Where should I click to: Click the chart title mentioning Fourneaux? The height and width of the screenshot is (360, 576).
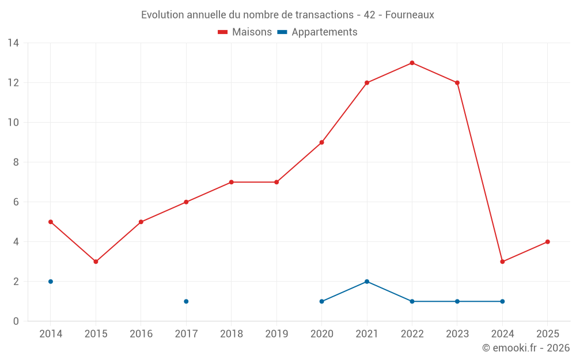(x=287, y=14)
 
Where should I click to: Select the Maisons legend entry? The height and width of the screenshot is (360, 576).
(x=245, y=32)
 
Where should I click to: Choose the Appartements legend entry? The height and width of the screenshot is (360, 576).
(x=317, y=32)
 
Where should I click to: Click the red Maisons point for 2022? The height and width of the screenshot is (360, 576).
(x=412, y=63)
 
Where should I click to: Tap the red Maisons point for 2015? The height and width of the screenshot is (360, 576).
(x=96, y=262)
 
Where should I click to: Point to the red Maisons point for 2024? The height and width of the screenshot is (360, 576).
(x=502, y=262)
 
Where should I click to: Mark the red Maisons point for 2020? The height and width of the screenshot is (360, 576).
(x=321, y=142)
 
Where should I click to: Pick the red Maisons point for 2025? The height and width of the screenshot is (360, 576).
(x=547, y=242)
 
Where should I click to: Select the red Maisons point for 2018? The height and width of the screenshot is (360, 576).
(x=231, y=182)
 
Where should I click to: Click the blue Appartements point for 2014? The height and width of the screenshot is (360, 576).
(x=51, y=282)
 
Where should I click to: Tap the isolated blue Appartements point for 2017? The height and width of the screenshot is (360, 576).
(x=186, y=301)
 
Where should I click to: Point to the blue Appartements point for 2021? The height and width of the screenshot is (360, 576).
(x=367, y=282)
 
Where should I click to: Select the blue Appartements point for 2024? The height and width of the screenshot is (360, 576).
(x=502, y=301)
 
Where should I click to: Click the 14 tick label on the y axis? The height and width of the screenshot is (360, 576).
(x=13, y=43)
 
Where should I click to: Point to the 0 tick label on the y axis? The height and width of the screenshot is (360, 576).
(x=16, y=321)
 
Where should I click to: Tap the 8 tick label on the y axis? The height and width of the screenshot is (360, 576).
(x=16, y=162)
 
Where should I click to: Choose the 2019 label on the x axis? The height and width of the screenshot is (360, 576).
(x=276, y=334)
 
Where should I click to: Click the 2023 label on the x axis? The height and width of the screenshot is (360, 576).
(x=457, y=334)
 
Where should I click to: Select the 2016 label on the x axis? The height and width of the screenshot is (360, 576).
(x=141, y=334)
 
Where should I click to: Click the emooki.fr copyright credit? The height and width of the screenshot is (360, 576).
(x=525, y=348)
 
